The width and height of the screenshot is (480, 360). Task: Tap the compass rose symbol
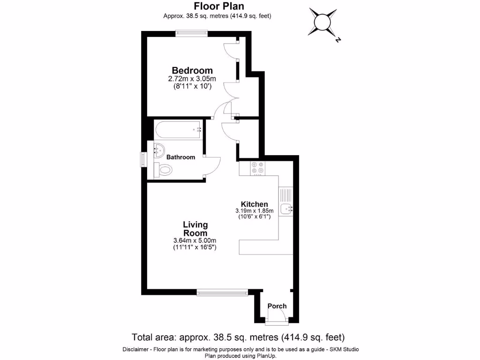[323, 22]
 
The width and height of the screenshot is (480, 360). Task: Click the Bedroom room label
[192, 70]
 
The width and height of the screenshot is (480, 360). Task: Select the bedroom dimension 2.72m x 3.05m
[192, 79]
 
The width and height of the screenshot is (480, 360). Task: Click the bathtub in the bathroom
[178, 129]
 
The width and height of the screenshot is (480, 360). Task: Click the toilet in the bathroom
[164, 170]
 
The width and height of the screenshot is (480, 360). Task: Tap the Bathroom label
[181, 157]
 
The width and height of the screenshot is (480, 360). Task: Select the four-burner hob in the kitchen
[257, 168]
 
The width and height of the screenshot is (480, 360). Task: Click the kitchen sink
[285, 209]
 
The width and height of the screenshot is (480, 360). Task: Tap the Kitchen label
[254, 204]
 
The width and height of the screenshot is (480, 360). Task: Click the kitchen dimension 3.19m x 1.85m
[254, 211]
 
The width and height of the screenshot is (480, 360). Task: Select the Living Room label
[195, 229]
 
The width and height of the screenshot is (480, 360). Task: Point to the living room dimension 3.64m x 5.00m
[195, 241]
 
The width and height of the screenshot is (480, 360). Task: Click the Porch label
[277, 306]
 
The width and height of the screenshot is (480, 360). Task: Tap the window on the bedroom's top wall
[191, 32]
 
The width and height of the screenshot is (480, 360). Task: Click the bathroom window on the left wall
[144, 159]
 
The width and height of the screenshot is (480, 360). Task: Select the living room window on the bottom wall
[222, 292]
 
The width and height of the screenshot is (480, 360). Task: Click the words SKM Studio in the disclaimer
[342, 349]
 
